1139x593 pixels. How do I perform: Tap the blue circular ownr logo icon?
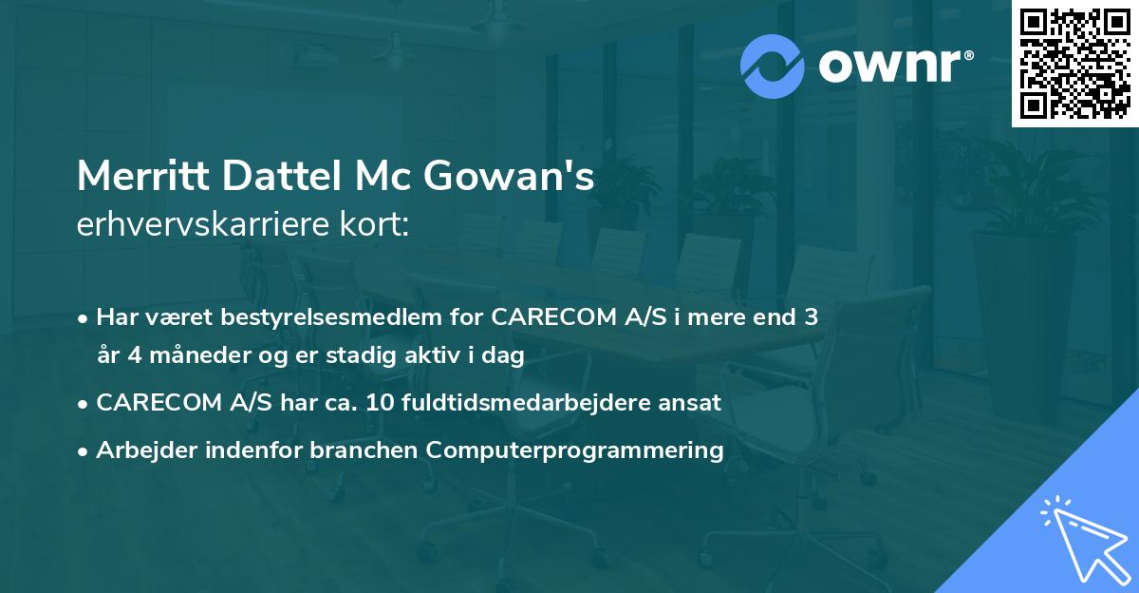coord(773,66)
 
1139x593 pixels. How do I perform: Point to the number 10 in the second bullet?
coord(381,402)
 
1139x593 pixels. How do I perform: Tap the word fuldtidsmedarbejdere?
coord(533,402)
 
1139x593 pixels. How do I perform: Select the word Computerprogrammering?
coord(575,450)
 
